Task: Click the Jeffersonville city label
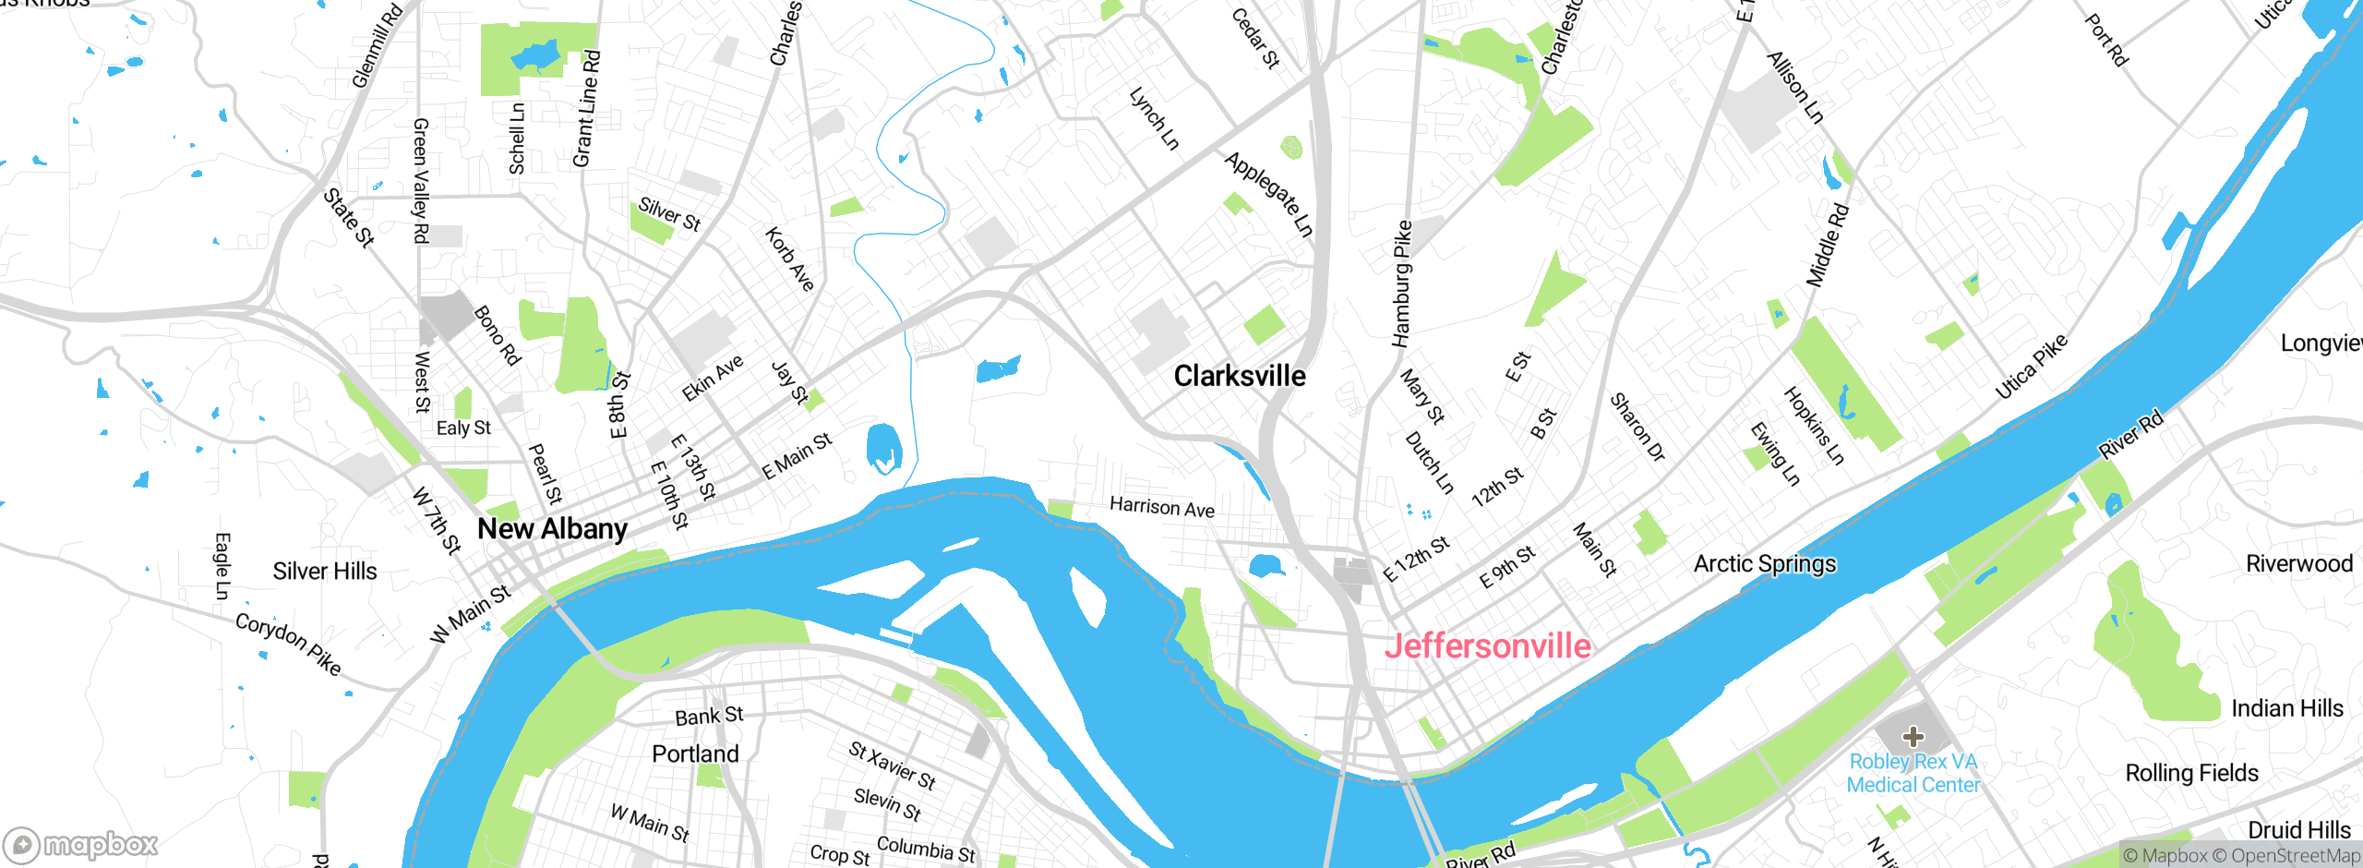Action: click(1487, 646)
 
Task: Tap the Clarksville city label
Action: click(1240, 376)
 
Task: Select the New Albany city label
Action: click(552, 529)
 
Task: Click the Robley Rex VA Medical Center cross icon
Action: click(1913, 736)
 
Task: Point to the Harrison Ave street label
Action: click(1162, 507)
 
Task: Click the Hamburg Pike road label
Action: click(1402, 283)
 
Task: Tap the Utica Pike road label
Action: click(2031, 367)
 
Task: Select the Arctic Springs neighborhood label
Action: click(1765, 564)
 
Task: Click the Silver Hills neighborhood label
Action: click(325, 572)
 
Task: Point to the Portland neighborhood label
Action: click(695, 754)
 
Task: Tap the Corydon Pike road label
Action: click(288, 644)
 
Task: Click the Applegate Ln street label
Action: click(1268, 195)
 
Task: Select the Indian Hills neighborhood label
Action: click(2287, 708)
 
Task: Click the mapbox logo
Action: click(81, 845)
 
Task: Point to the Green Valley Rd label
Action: click(421, 181)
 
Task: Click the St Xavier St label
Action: click(893, 766)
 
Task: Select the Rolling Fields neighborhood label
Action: click(2191, 773)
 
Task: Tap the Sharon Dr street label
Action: click(1637, 427)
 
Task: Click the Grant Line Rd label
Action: click(587, 109)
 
